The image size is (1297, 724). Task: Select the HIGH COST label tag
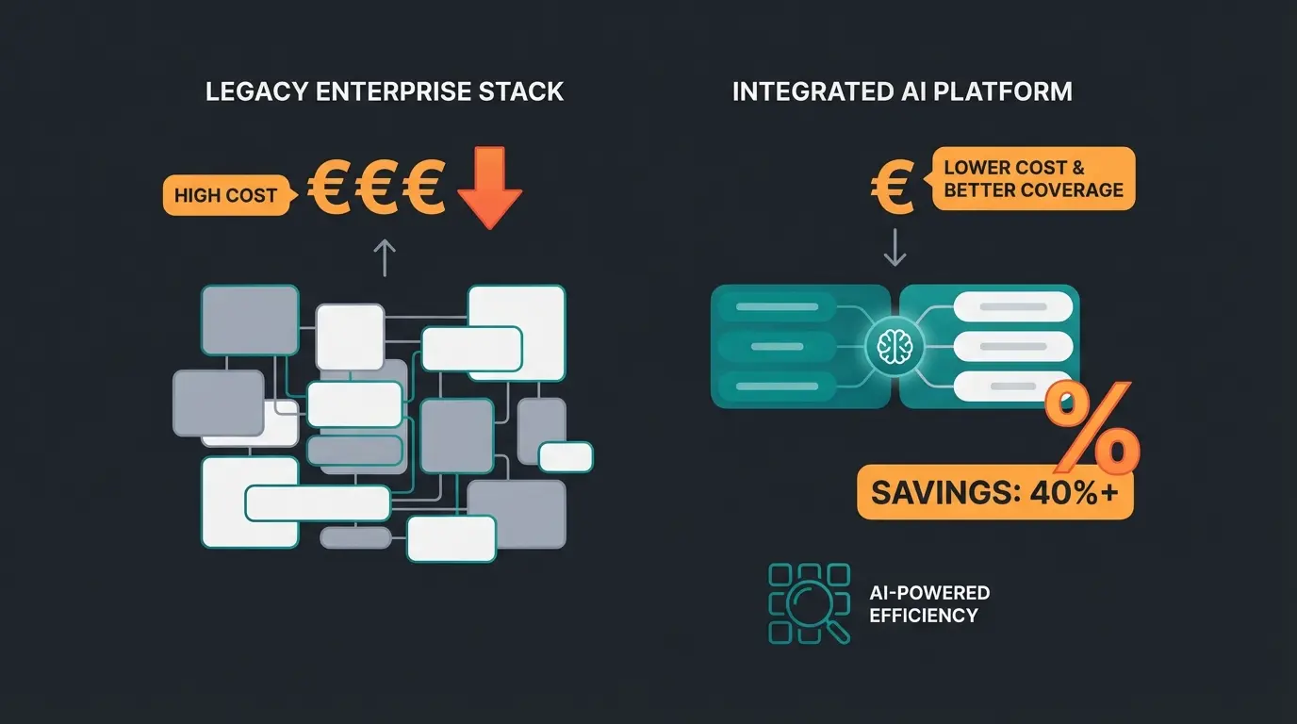tap(225, 196)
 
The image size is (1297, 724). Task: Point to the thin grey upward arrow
tap(385, 256)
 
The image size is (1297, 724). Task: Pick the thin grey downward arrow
tap(894, 247)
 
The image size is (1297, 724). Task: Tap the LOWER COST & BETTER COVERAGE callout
tap(1033, 178)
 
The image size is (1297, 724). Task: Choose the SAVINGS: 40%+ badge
tap(995, 492)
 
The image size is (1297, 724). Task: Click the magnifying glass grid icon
tap(810, 603)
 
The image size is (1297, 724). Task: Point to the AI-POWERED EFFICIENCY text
tap(929, 604)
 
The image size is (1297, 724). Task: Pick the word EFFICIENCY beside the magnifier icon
tap(924, 616)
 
